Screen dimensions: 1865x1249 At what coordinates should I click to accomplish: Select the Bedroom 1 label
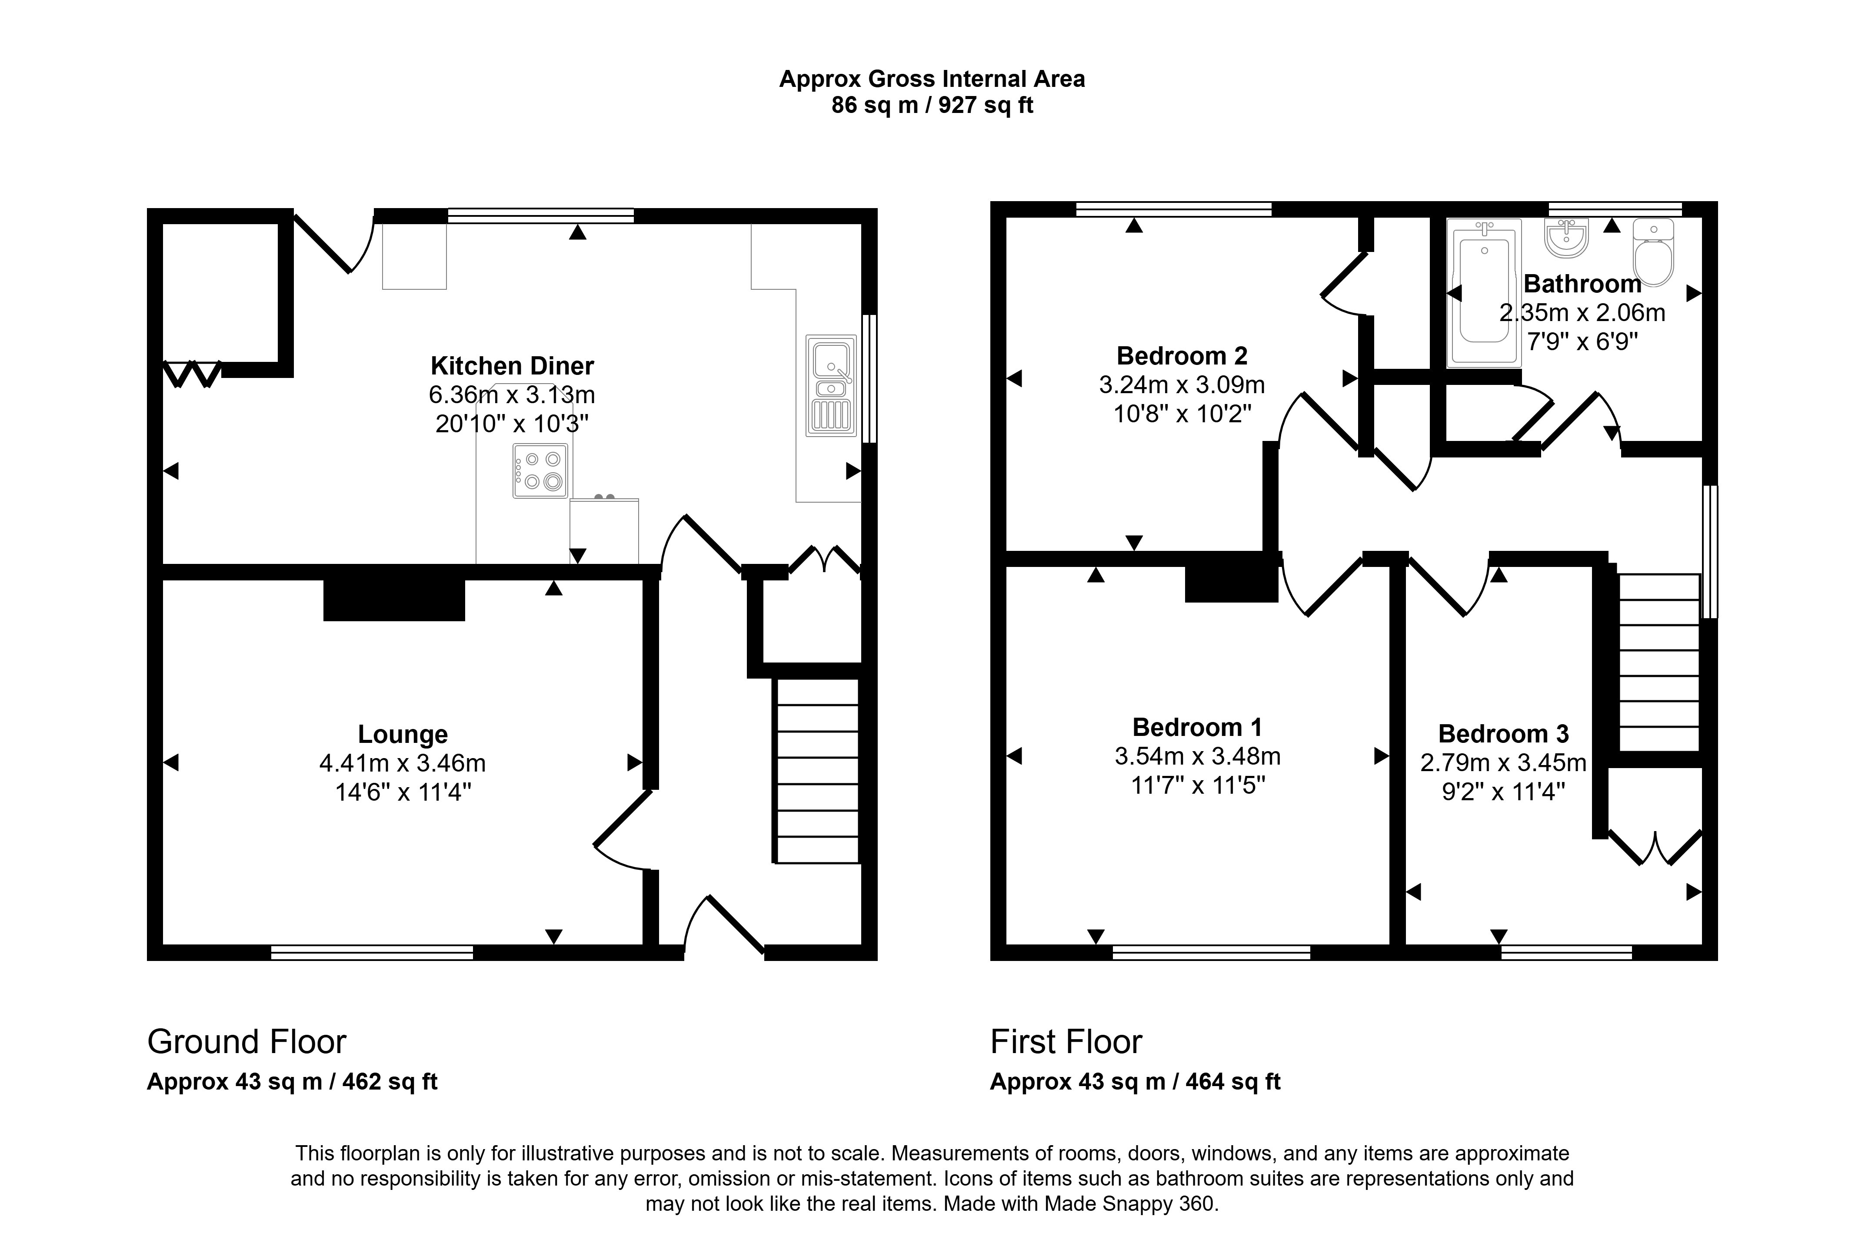click(1197, 727)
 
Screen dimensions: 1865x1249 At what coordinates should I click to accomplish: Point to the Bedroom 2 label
click(1182, 355)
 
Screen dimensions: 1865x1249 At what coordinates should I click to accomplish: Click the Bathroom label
click(1582, 284)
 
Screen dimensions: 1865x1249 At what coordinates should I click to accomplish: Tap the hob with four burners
click(540, 471)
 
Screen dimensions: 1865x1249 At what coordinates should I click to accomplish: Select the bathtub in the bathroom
click(1484, 292)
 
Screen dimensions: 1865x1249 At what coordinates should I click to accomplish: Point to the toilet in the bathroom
click(1653, 252)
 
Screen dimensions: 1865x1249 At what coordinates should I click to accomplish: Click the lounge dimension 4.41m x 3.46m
click(403, 763)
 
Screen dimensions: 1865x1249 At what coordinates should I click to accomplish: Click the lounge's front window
click(372, 952)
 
